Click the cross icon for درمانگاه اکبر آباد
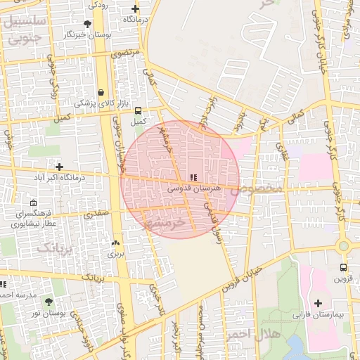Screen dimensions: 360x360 pos(60,167)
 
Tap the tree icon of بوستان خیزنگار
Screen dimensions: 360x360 pos(87,24)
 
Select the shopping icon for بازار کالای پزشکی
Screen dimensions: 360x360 pos(102,92)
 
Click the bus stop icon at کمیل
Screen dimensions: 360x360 pos(138,110)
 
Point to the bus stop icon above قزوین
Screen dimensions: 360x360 pos(343,267)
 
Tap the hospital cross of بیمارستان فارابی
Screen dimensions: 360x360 pos(319,303)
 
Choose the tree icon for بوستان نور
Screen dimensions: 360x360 pos(49,302)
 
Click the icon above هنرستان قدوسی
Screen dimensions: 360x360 pos(193,177)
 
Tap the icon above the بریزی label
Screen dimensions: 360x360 pos(115,243)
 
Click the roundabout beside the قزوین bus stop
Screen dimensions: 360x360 pos(343,246)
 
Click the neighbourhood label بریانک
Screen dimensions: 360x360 pos(54,247)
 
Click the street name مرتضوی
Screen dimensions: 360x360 pos(126,53)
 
